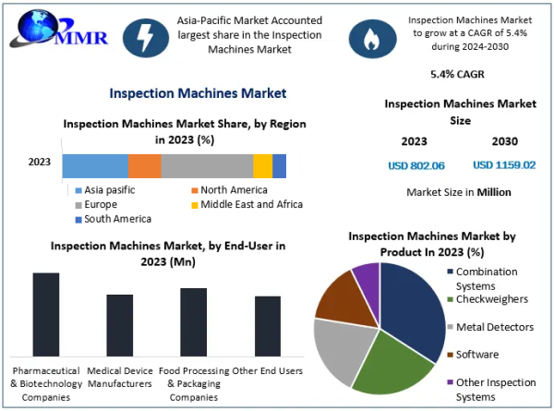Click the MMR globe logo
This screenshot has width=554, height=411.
coord(59,30)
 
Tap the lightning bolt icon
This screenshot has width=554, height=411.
coord(146,38)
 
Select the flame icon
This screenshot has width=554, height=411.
coord(372,39)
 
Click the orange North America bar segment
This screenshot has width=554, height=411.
coord(145,165)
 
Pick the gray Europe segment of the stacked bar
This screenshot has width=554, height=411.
coord(207,165)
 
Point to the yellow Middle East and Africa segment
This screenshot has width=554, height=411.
coord(263,165)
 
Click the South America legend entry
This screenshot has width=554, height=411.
coord(114,219)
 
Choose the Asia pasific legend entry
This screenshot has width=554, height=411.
coord(105,190)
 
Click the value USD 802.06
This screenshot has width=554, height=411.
coord(416,165)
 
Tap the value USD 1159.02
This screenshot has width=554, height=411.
coord(504,165)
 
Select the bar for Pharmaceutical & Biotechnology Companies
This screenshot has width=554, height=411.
coord(46,315)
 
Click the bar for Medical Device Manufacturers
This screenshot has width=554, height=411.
coord(120,325)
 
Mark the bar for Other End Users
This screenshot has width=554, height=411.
coord(268,326)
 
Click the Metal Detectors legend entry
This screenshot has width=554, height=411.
coord(490,327)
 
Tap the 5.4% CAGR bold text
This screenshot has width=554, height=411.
coord(457,74)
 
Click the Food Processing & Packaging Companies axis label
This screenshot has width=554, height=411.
coord(194,384)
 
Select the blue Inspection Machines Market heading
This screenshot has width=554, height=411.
coord(198,93)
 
